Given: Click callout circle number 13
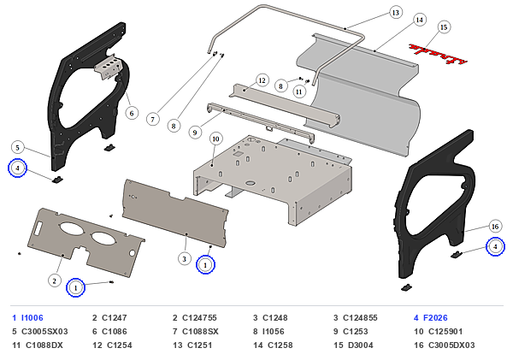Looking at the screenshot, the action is coord(396,13).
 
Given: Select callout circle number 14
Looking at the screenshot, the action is coord(420,20).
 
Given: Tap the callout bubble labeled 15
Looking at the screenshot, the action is coord(444,27).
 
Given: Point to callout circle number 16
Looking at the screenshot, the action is coord(495,226).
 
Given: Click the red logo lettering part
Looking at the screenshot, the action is coord(439,54).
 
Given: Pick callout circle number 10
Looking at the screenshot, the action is coord(215,139).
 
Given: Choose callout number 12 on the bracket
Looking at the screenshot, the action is coord(262,80).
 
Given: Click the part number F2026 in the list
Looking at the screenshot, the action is coord(435,318).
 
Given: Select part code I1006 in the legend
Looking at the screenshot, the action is coord(32,318).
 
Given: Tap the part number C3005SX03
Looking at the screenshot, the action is coord(44,332).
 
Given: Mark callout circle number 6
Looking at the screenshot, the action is coord(132,113).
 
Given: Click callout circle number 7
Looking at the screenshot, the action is coord(152,119).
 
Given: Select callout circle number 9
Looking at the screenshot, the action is coord(195,133).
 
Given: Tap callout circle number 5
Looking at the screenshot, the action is coord(18,148).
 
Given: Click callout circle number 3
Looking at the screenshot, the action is coord(184,259).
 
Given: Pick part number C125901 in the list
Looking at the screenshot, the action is coord(445,332).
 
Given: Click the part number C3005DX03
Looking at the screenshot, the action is coord(451,345).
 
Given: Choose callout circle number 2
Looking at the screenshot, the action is coord(55,280).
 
